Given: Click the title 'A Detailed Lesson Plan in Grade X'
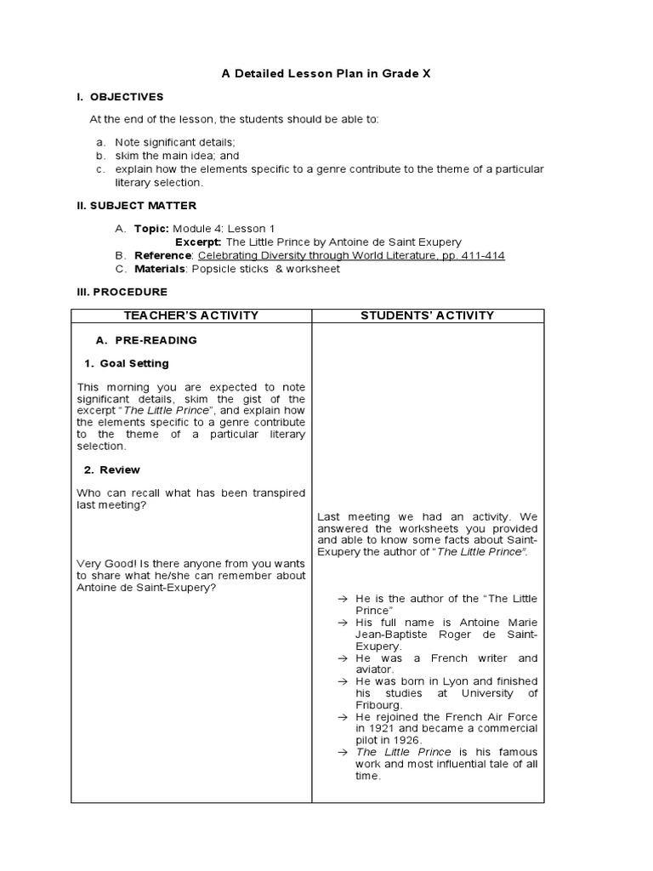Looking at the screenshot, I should (326, 74).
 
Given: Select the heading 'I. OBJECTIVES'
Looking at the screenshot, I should (120, 97).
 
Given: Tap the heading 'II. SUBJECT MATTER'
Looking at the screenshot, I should (136, 206).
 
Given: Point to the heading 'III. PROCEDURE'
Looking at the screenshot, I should (122, 293).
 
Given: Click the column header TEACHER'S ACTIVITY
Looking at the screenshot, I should (190, 316).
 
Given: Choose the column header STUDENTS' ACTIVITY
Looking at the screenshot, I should (427, 316).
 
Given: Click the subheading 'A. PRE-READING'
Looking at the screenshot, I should (146, 340).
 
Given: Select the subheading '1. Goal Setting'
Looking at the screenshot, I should (127, 364).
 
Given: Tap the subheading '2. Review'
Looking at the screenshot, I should (112, 470).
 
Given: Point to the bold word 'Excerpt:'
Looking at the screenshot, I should (199, 242).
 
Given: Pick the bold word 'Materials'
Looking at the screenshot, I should (160, 269).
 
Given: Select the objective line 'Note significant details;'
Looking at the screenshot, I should (175, 143).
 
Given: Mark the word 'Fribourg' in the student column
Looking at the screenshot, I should (378, 705).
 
